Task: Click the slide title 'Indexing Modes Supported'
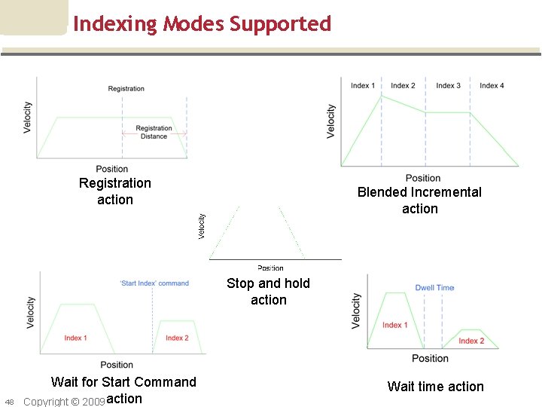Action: pos(202,24)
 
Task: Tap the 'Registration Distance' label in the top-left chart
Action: pos(154,132)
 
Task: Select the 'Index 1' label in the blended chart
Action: pos(363,85)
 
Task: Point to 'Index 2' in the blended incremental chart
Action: pos(403,85)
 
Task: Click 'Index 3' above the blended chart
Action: pos(448,85)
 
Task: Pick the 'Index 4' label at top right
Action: pos(492,85)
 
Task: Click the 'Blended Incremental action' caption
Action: pos(419,200)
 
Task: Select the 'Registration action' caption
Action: pos(115,191)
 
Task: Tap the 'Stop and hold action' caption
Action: pos(268,292)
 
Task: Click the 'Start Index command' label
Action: pos(154,283)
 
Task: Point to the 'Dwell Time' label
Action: pos(434,288)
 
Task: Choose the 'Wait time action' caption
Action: pos(435,387)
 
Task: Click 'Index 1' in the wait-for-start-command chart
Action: pos(75,338)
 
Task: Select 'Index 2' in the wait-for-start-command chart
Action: pos(177,338)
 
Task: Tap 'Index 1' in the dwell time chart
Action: pos(395,325)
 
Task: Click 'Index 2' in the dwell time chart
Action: pos(471,341)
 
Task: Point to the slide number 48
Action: pos(9,401)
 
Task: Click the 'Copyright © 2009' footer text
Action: pos(63,401)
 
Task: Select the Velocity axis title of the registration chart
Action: pos(28,118)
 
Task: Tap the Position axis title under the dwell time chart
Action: pos(431,358)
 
